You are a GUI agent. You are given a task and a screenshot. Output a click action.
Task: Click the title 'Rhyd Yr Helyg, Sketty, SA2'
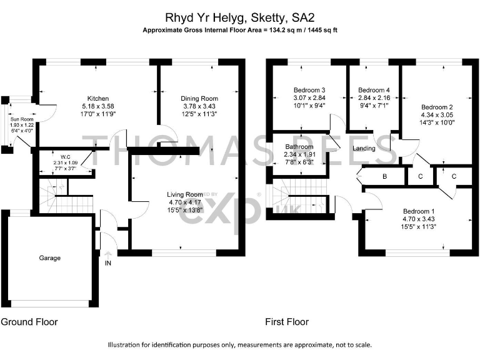240,18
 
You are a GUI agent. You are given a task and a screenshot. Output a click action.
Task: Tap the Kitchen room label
98,99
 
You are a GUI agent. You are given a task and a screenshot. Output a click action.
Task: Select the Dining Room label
199,99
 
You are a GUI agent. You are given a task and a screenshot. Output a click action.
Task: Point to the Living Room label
186,194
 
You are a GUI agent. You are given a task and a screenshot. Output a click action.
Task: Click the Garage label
50,257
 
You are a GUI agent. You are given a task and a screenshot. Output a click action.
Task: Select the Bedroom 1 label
419,211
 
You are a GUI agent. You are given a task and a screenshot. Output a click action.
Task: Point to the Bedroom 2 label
437,106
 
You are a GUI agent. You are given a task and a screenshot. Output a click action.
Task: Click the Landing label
364,149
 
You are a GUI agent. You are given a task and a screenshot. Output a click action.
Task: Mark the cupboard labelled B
385,177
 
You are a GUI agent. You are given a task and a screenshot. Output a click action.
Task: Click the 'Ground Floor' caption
29,322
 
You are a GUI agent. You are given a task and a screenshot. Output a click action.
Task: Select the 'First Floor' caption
287,322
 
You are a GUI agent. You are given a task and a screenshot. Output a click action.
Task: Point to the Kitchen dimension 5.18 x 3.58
98,106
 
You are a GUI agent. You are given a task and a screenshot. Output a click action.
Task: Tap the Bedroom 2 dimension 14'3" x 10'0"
437,122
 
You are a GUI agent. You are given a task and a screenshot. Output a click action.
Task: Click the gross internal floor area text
240,30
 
